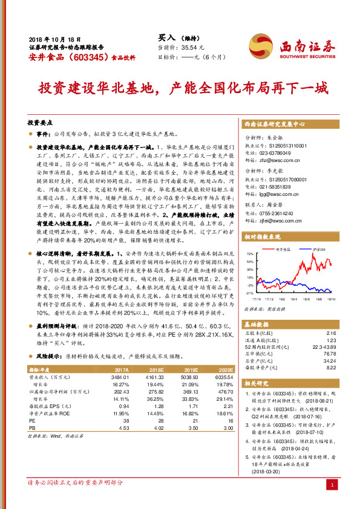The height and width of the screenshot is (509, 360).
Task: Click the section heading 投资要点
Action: (41, 122)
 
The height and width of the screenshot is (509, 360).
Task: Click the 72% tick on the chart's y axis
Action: (250, 254)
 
